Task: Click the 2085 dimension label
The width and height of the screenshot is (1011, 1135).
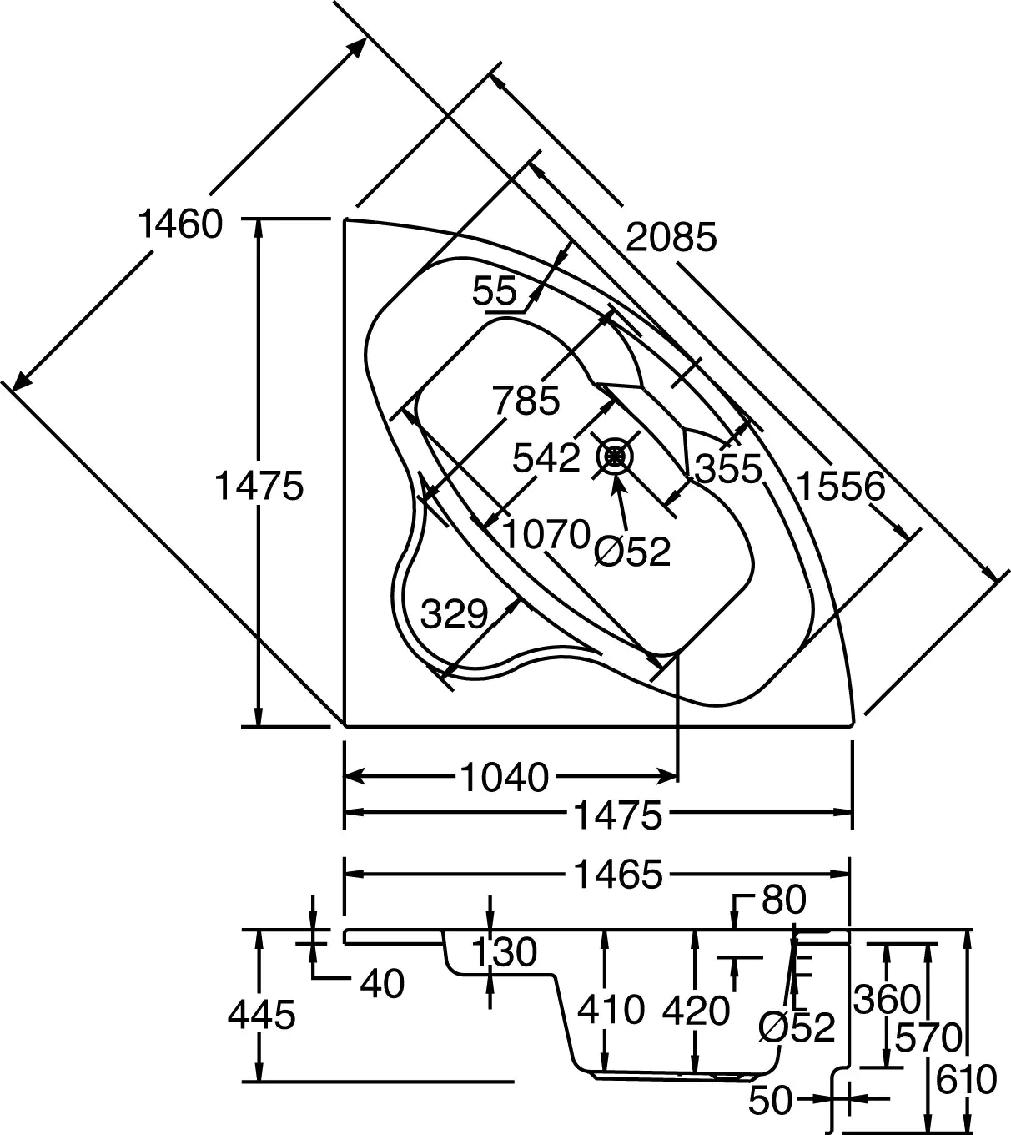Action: (671, 238)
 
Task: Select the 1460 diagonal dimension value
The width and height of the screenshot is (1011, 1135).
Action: (180, 224)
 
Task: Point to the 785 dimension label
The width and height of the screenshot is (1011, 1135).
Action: (526, 401)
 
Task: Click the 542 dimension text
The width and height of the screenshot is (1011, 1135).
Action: (546, 457)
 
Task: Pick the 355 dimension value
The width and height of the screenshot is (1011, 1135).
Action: (729, 469)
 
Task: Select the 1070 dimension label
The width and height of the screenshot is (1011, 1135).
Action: (546, 534)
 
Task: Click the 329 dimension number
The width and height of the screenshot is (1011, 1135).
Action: (454, 614)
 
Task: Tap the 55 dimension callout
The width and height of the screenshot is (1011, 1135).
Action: (495, 292)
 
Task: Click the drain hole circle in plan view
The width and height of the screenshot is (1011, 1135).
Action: (616, 456)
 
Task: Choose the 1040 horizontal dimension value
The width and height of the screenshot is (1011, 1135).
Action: (505, 778)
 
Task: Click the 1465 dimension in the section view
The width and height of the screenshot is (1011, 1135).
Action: (617, 875)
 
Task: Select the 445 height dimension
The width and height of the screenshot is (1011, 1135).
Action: (262, 1015)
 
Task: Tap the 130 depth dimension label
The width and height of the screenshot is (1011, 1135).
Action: (504, 952)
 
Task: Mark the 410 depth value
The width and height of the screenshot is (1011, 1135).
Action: (611, 1010)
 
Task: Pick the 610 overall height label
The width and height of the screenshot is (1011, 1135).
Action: (966, 1080)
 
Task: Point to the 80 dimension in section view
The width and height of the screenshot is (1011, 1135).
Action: (783, 900)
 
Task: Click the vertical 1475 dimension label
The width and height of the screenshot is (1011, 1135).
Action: (259, 485)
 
